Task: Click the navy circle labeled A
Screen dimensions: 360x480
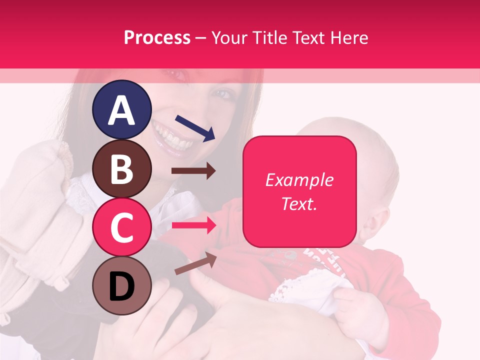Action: click(x=121, y=109)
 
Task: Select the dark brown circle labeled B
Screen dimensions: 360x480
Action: click(x=121, y=168)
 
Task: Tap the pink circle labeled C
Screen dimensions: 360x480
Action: click(x=121, y=227)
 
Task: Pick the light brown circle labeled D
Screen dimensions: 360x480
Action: click(x=121, y=286)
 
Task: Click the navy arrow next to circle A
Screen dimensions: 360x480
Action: click(x=195, y=127)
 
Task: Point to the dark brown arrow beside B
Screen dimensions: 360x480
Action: click(x=193, y=171)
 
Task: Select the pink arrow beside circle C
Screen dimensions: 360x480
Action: click(x=193, y=225)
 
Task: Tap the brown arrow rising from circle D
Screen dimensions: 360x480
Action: click(x=195, y=263)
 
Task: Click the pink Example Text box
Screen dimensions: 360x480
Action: click(x=299, y=191)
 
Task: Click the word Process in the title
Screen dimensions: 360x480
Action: click(x=157, y=37)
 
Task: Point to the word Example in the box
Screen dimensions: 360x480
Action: click(x=299, y=180)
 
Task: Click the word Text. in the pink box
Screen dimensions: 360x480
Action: click(x=299, y=203)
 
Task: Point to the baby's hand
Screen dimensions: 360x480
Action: click(x=357, y=305)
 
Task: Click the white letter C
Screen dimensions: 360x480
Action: click(x=121, y=227)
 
